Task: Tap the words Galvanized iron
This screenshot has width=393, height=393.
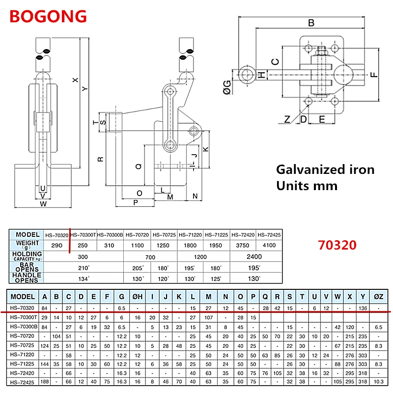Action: (x=325, y=170)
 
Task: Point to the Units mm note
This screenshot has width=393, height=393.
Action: (x=307, y=186)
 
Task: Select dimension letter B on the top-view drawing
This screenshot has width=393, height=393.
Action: (x=310, y=23)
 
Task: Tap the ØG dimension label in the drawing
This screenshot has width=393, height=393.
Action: (x=226, y=88)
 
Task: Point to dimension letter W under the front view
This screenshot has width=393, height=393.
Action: (x=43, y=203)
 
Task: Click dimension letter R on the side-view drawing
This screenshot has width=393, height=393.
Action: (x=100, y=159)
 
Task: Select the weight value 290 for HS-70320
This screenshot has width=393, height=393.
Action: (x=57, y=244)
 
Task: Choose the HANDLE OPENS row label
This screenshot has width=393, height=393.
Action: (x=28, y=278)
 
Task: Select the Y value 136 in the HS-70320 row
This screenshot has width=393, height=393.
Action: (x=363, y=308)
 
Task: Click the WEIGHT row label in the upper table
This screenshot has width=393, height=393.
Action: (x=28, y=243)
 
